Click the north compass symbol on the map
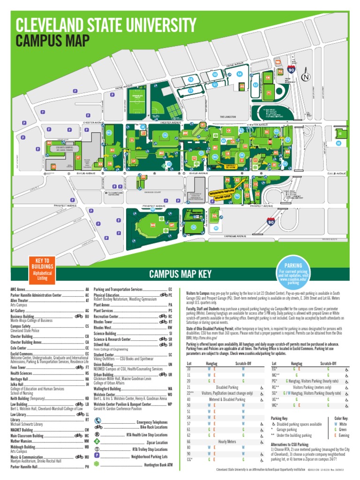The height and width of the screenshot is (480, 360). click(306, 77)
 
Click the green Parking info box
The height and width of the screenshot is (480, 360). click(293, 271)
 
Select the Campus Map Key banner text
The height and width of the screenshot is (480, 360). click(180, 274)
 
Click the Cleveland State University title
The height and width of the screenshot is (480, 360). click(106, 25)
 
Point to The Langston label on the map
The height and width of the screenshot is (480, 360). click(228, 117)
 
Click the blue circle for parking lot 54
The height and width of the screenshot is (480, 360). click(240, 74)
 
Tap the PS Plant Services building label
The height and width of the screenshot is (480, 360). click(269, 93)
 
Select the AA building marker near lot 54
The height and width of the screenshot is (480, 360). click(242, 86)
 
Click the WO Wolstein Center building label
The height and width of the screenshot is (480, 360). click(153, 225)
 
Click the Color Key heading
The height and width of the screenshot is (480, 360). click(341, 418)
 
